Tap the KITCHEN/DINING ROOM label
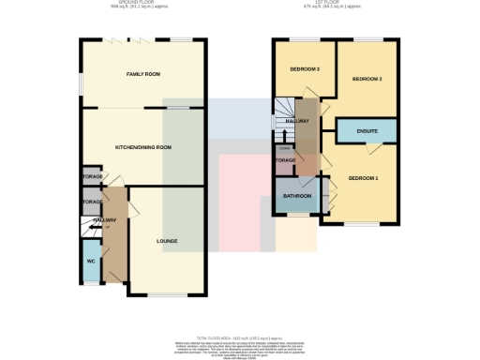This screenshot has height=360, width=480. [142, 147]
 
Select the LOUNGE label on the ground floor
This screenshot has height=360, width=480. [167, 241]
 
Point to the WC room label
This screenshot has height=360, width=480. [91, 261]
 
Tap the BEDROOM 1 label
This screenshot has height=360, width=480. [364, 178]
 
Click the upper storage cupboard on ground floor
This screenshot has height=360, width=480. [91, 177]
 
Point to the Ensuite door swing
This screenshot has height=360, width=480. [374, 146]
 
